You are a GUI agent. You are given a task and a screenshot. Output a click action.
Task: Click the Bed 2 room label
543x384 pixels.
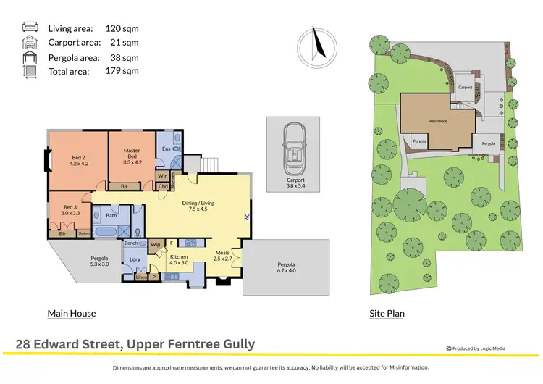pos(79,161)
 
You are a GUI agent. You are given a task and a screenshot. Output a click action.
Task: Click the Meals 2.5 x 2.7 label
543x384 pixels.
pos(222,255)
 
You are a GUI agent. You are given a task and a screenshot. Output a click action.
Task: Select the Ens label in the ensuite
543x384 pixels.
pos(166,149)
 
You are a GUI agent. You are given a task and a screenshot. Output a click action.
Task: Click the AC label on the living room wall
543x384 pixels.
pos(247,216)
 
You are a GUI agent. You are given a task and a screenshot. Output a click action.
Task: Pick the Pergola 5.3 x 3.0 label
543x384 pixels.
pos(99,262)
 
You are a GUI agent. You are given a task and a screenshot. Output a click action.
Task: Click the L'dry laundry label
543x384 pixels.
pos(134,259)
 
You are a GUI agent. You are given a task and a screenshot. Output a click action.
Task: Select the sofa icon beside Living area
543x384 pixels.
pos(30,28)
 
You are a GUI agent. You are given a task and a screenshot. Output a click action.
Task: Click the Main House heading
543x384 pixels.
pos(72,314)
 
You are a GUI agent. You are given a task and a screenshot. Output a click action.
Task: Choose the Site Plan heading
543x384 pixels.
pos(387,314)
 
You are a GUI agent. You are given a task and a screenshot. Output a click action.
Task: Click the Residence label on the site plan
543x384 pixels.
pos(438,121)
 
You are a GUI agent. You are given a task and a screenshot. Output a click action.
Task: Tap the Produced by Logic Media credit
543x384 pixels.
pos(476,348)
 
